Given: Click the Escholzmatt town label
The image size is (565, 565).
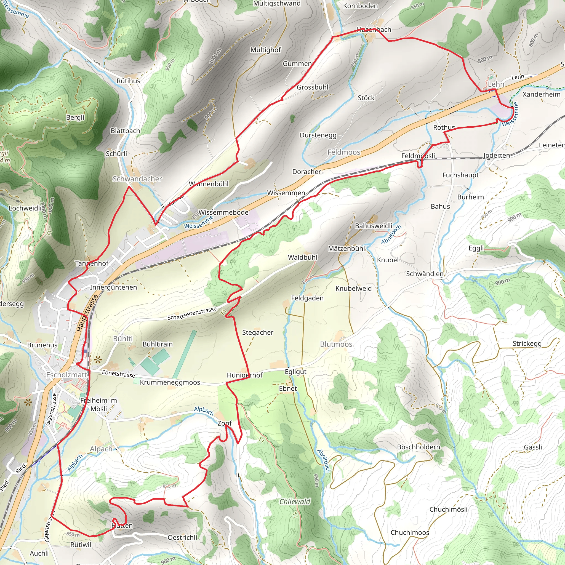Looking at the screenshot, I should (67, 375).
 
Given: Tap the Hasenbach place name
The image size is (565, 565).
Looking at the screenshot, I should (374, 30).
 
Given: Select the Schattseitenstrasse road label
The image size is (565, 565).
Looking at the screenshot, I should (192, 313).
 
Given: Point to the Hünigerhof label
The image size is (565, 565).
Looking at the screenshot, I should (245, 375).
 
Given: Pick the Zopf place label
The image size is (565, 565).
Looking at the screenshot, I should (224, 423).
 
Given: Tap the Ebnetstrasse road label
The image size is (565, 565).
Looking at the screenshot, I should (118, 374).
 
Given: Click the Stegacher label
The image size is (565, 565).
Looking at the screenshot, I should (258, 332).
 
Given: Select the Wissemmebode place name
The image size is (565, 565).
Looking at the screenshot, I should (223, 212).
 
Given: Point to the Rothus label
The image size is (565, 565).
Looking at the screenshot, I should (444, 127).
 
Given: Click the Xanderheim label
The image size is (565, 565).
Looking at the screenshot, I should (541, 94).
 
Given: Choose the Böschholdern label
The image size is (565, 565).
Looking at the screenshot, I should (419, 447).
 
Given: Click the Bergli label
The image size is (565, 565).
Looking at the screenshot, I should (75, 117).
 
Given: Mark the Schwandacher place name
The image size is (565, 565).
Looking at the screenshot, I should (137, 179).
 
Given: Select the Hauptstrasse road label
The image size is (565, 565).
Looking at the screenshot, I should (87, 313).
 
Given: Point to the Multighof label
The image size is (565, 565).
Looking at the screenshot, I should (266, 50).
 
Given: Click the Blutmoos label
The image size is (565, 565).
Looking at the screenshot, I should (336, 344).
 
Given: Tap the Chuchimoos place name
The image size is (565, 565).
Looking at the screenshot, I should (410, 532).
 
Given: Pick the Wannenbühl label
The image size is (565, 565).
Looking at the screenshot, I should (209, 184).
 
